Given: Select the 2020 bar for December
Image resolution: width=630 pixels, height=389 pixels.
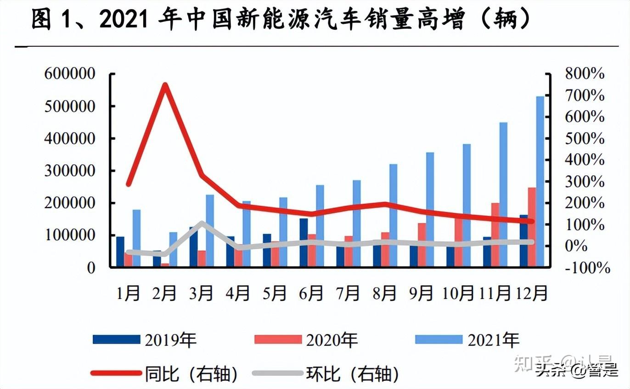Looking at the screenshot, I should click(532, 227).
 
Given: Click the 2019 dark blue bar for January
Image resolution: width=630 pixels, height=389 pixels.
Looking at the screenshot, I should click(120, 251).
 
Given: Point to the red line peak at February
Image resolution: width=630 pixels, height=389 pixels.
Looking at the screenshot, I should click(164, 85).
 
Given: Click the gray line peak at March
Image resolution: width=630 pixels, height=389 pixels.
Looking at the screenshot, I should click(202, 223).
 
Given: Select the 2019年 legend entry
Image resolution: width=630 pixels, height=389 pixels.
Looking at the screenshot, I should click(145, 340).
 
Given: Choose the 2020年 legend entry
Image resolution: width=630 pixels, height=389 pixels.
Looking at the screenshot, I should click(306, 340).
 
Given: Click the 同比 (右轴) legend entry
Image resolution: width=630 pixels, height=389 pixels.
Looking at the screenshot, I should click(165, 374).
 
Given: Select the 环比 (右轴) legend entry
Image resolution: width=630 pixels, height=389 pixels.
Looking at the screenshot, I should click(326, 374).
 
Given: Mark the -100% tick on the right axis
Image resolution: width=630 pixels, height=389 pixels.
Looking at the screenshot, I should click(588, 267).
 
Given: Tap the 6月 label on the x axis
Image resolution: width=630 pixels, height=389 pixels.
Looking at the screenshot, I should click(311, 293).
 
